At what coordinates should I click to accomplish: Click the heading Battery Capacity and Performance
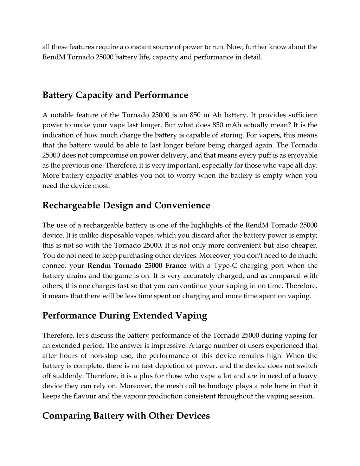[x=115, y=95]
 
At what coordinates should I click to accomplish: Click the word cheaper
[x=305, y=245]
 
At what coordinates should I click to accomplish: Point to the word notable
[x=62, y=115]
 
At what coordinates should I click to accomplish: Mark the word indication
[x=58, y=135]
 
